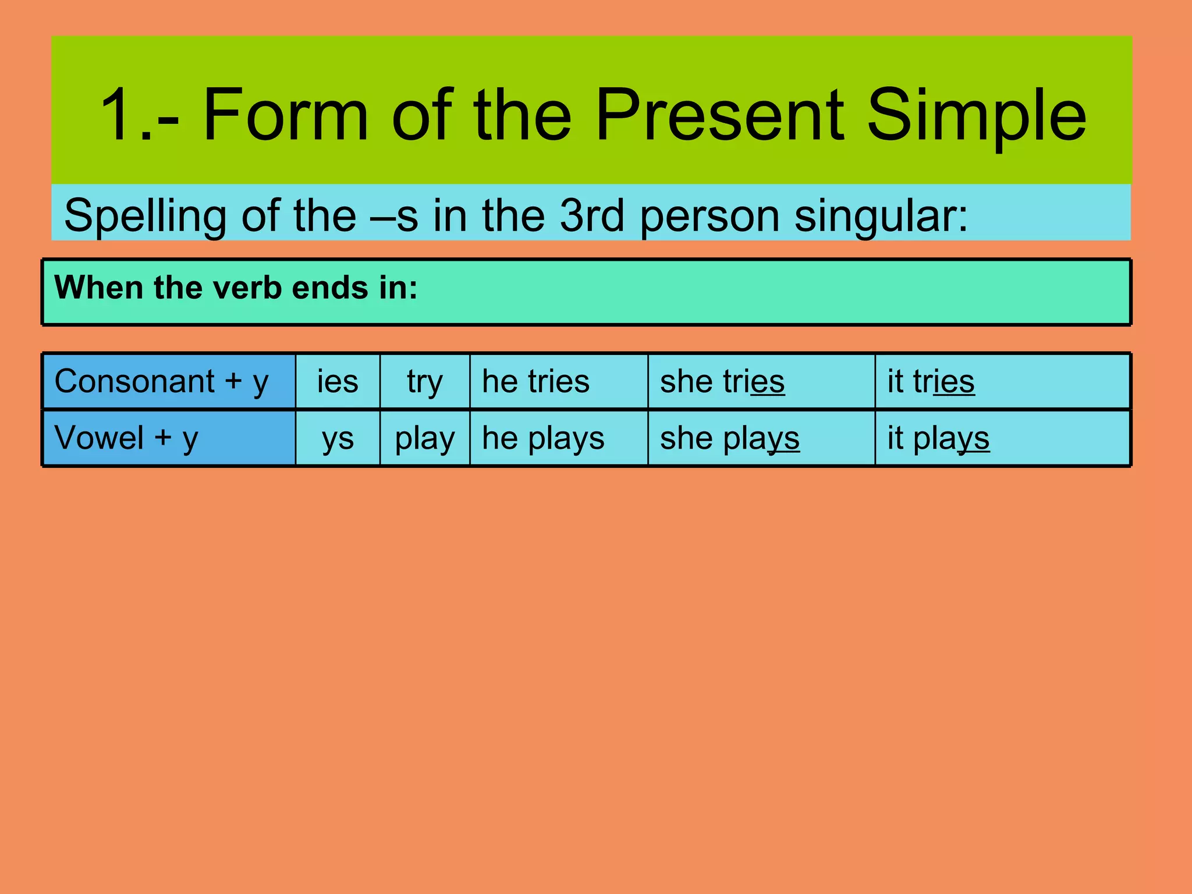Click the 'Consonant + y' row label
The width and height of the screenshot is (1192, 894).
point(161,382)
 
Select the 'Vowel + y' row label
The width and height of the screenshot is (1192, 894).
point(126,438)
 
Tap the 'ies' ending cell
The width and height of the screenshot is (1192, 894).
point(338,382)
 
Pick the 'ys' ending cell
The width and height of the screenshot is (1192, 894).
point(338,438)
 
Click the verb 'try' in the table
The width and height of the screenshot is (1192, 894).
point(425,382)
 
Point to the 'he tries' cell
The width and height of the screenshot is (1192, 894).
point(535,382)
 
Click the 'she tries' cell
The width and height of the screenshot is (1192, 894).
point(722,382)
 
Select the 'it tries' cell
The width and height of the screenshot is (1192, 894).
point(930,382)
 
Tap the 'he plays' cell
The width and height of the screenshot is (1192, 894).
point(543,438)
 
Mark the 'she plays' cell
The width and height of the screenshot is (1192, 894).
point(729,438)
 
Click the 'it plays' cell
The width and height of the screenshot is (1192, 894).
point(938,438)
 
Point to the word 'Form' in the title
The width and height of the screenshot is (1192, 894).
point(285,115)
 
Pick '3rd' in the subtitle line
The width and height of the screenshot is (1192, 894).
point(592,215)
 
